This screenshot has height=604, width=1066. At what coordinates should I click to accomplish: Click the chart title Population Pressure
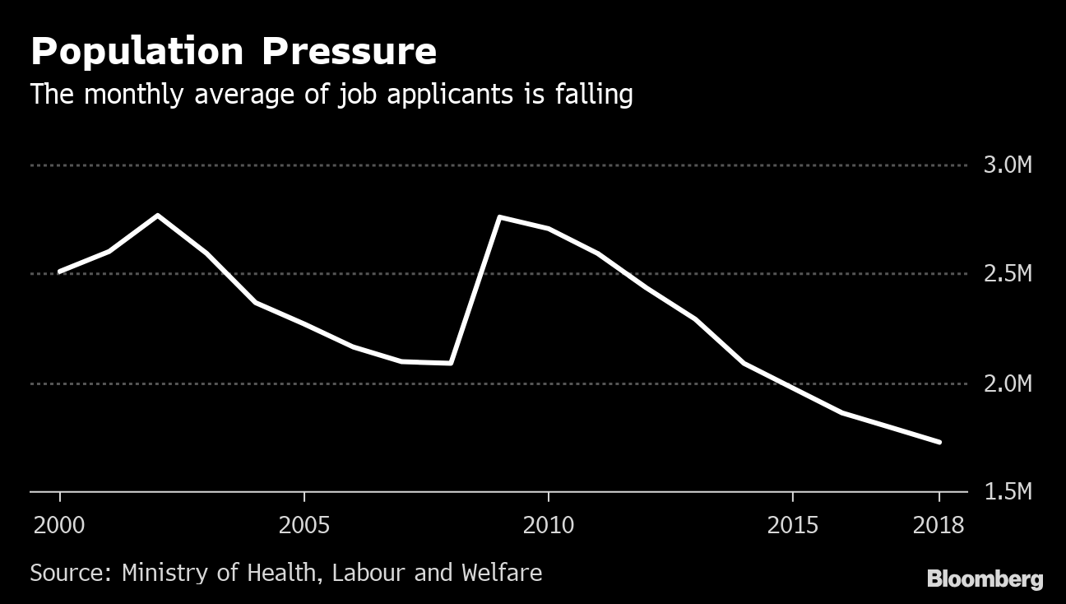click(233, 52)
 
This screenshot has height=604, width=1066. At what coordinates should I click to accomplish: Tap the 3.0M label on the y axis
click(1007, 165)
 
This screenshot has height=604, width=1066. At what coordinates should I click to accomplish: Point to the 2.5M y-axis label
click(1007, 274)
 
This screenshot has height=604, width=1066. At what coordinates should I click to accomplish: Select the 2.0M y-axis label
click(1007, 383)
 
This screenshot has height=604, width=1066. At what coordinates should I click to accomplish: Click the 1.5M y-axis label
click(1007, 492)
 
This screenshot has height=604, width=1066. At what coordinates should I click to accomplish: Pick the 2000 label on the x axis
click(59, 525)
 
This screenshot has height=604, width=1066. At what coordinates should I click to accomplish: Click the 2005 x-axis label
click(304, 525)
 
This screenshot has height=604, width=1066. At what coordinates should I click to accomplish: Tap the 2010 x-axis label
click(548, 525)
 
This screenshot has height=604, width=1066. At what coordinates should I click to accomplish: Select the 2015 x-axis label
click(792, 525)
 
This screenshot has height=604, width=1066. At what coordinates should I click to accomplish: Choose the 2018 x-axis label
click(938, 525)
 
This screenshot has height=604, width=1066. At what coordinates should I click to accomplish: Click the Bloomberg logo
click(985, 578)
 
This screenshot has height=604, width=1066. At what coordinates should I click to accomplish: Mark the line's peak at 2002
click(157, 216)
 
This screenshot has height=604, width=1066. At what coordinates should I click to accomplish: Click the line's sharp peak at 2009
click(500, 217)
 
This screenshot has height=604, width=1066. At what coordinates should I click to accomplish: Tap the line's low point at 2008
click(451, 362)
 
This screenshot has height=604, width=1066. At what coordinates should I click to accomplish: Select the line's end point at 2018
click(939, 442)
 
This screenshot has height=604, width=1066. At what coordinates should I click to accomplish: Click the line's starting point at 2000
click(60, 271)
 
